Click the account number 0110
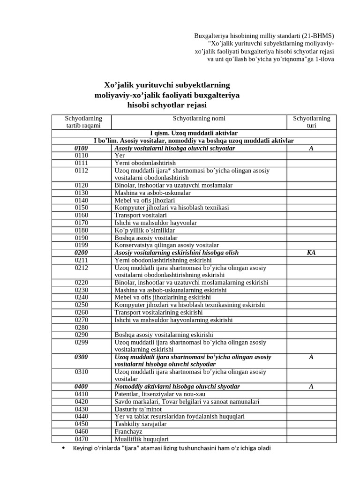[81, 155]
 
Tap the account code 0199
[81, 245]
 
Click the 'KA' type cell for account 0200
[311, 253]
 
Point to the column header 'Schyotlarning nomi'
[199, 119]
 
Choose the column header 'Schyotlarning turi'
[311, 122]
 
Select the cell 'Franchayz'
[128, 432]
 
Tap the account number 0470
[81, 439]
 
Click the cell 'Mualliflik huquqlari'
[142, 439]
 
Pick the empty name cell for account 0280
[199, 328]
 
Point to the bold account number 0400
[81, 387]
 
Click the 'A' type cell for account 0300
[311, 357]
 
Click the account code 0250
[81, 305]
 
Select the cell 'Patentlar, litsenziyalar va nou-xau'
[160, 394]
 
